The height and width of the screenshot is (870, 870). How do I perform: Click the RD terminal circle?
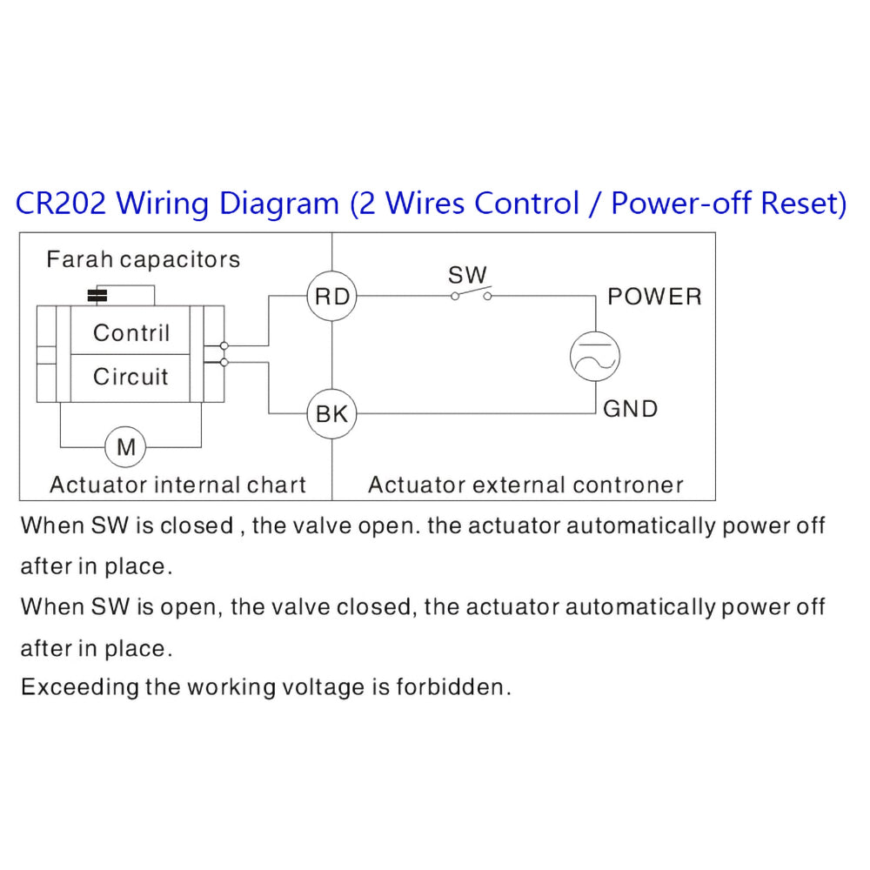coord(331,297)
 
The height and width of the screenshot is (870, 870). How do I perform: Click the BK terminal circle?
coord(331,414)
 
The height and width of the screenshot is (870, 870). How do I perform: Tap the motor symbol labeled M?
coord(126,447)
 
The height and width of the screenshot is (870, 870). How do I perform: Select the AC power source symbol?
coord(594,355)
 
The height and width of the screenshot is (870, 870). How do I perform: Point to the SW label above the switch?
coord(467,275)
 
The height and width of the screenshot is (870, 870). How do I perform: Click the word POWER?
coord(654,297)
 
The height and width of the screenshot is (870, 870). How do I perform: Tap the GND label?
coord(630,409)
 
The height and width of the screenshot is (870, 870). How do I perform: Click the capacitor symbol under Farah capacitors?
coord(98,296)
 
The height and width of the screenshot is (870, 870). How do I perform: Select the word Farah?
coord(79,259)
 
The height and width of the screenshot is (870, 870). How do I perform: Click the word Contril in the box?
coord(131,332)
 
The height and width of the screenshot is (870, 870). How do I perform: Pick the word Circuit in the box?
coord(130,377)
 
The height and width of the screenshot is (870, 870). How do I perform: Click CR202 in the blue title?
coord(61,204)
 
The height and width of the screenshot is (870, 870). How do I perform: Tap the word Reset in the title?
coord(803,204)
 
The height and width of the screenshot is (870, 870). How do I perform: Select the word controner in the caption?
coord(630,485)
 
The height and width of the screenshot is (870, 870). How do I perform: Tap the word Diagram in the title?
coord(278,204)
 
